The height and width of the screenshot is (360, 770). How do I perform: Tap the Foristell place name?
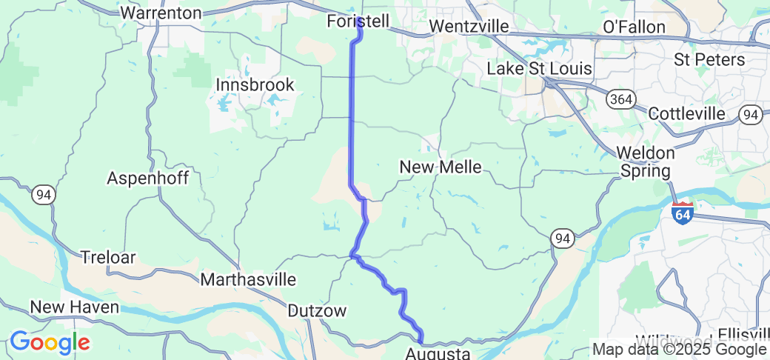(358, 21)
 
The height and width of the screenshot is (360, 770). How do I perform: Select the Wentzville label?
(469, 27)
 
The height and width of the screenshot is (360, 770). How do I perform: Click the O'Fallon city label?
(635, 27)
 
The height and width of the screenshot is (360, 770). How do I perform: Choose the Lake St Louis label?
(539, 69)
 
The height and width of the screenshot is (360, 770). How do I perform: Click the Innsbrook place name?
(255, 85)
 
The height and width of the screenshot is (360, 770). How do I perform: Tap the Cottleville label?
(687, 113)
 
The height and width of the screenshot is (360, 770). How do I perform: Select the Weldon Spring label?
(646, 162)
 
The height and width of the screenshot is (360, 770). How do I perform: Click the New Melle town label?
(440, 167)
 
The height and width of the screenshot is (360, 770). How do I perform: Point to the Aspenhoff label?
(148, 178)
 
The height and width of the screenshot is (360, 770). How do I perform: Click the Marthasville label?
(249, 280)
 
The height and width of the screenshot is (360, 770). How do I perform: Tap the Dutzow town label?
(316, 311)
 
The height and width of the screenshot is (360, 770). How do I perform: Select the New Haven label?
(74, 307)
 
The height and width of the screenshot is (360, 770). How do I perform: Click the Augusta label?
(438, 353)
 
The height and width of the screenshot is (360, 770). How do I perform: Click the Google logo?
(49, 342)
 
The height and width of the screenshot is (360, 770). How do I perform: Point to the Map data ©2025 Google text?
(679, 350)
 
